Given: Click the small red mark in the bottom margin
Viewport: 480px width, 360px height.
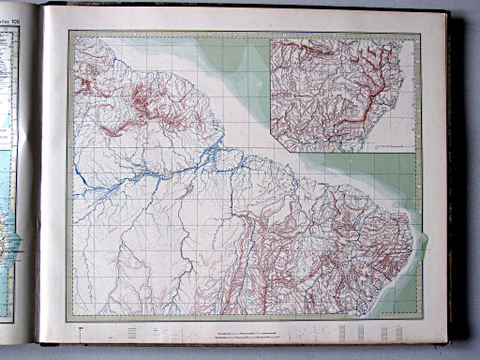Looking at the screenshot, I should (x=81, y=328).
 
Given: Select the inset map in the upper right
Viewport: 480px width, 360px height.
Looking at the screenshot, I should (x=342, y=94).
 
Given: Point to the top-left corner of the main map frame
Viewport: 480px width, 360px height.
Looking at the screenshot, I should (x=70, y=32).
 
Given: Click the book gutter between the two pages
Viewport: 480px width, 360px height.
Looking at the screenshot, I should (x=37, y=178).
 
